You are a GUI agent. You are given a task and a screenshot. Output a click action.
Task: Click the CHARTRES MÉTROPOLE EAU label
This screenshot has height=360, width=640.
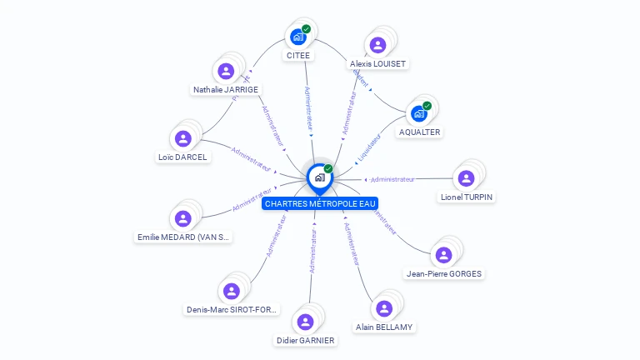coord(320,202)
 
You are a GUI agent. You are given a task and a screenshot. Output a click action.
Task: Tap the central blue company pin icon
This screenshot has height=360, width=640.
coord(319,177)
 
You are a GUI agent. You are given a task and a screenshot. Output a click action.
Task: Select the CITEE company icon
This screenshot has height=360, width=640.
coord(297,37)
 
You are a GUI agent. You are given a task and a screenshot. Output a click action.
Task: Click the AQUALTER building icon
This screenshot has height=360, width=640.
coord(419,113)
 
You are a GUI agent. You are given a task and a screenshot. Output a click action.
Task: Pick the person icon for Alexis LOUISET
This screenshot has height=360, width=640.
coord(378,45)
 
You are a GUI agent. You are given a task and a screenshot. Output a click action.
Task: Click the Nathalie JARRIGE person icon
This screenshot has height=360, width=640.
coord(226,71)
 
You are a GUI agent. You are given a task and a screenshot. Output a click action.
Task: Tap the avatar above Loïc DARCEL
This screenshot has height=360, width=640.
coord(183,138)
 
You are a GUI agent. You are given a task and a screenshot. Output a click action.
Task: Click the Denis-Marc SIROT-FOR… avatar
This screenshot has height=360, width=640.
coord(232,291)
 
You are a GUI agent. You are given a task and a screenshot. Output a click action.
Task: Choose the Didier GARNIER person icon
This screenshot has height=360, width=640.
coord(305,322)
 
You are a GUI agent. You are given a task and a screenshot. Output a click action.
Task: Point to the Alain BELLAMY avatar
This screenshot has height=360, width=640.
coord(384,309)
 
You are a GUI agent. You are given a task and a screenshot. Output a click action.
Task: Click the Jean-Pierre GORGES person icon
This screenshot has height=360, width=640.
coord(443,255)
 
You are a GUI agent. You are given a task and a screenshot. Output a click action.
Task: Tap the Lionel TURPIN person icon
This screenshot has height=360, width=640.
coord(467,178)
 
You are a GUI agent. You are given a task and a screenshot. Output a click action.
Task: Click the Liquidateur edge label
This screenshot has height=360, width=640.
coord(368,148)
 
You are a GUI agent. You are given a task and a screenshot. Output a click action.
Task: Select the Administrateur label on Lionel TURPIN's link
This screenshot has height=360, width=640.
coord(392,179)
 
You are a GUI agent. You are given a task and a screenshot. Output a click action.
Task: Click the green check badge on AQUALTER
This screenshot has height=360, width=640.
coord(427,106)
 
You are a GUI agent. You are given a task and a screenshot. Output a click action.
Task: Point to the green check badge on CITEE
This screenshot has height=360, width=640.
coord(306,29)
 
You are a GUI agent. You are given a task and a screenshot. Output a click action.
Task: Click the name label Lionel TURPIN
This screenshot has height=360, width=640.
coord(467,197)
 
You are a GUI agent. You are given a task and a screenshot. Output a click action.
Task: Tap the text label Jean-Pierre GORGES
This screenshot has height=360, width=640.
coord(443,273)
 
